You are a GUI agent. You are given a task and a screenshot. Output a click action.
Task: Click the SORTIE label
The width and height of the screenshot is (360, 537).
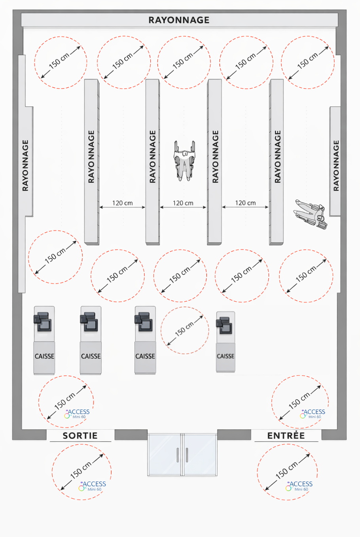click(80, 435)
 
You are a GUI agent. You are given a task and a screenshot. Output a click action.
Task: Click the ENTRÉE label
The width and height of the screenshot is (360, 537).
click(286, 435)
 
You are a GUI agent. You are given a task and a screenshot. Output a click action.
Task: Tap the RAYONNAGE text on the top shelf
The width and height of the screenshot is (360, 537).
click(179, 20)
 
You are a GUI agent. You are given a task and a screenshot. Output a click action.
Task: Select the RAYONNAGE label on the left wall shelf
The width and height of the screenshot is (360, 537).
click(25, 165)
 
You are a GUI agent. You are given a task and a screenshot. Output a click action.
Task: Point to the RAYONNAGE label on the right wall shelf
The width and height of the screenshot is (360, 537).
click(336, 165)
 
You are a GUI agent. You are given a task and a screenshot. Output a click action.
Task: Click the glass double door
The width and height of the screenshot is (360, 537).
click(182, 454)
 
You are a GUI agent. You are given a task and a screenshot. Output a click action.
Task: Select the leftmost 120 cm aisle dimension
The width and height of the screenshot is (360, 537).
click(122, 203)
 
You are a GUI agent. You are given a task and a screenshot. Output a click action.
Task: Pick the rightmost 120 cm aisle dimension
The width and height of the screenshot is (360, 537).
click(245, 203)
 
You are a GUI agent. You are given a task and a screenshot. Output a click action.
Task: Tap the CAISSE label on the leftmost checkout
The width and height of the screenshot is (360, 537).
click(44, 356)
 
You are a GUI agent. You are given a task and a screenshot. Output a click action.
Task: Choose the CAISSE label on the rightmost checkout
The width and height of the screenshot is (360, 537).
click(225, 356)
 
